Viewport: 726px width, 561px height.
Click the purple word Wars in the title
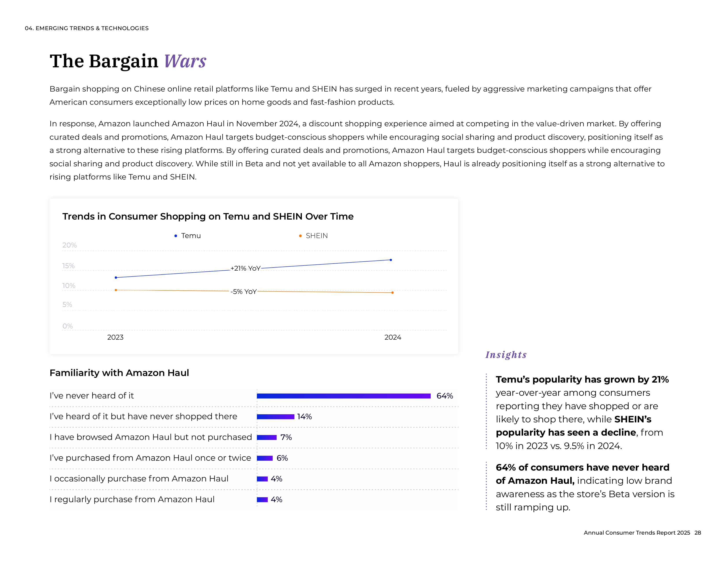185,61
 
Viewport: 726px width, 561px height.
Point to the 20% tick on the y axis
70,245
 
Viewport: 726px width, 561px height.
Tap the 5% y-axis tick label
67,304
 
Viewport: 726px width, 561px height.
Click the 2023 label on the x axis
115,337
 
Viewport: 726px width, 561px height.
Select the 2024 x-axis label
392,337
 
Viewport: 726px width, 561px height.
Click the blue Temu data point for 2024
390,260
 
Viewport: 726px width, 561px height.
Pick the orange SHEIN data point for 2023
116,290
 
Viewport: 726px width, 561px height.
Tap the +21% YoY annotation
245,268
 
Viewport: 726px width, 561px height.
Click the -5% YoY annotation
244,291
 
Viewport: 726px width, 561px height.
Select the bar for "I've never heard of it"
344,396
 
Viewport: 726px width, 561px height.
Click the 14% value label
304,417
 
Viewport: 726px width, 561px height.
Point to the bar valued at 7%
267,437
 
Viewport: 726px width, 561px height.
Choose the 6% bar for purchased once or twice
265,458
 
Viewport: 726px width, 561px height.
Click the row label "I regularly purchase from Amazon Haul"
132,500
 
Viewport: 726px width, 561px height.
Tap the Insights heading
506,355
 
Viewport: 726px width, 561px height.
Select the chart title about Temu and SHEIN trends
208,216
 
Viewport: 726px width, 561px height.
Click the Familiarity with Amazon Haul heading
119,373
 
